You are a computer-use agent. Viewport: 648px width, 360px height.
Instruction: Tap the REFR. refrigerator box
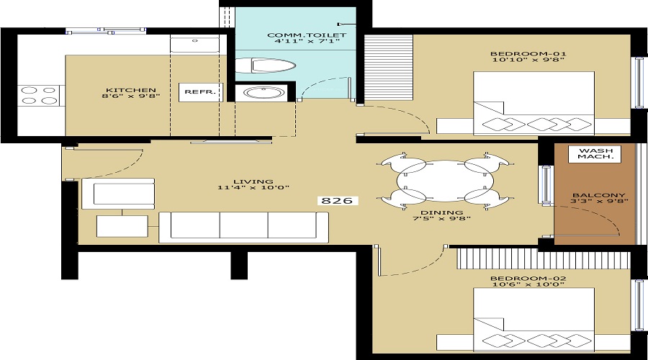(196, 92)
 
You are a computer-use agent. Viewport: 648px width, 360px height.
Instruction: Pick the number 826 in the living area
(336, 200)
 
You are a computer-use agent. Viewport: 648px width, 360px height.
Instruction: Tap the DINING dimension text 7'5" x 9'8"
(441, 220)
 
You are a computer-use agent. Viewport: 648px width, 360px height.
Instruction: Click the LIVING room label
(253, 181)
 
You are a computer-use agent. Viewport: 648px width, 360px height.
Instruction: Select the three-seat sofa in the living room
(243, 226)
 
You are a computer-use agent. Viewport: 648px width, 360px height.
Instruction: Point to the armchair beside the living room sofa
(119, 194)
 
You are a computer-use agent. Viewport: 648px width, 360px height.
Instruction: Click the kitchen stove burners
(39, 96)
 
